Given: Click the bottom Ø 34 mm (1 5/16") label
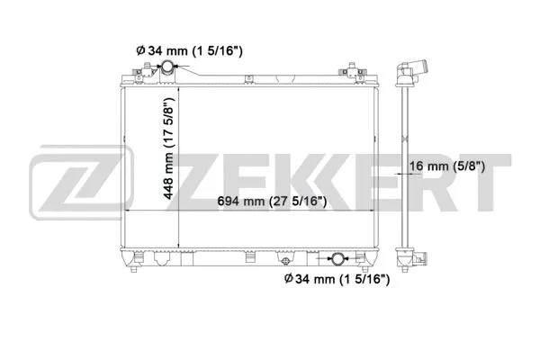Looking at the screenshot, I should point(334,281).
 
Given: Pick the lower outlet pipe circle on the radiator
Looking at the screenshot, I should point(337,260).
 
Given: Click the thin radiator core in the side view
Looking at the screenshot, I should point(405,166).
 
